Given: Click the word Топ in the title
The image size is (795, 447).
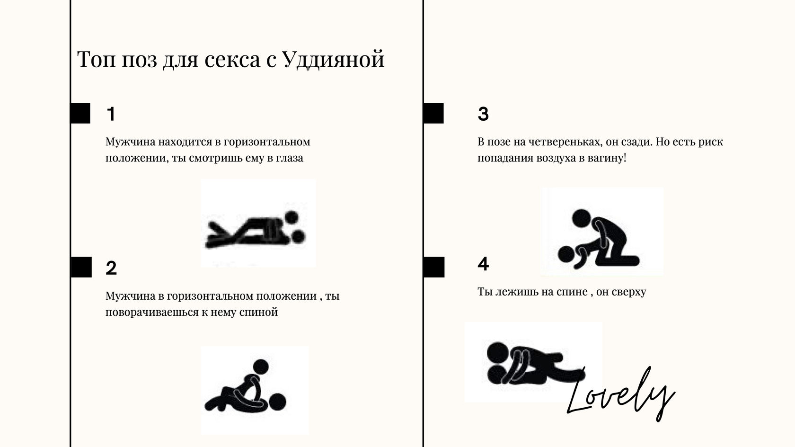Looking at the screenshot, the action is click(96, 59).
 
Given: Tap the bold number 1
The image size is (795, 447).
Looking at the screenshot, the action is click(111, 114).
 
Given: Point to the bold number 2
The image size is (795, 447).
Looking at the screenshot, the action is click(111, 268).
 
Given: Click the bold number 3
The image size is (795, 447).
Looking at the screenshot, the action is click(483, 114).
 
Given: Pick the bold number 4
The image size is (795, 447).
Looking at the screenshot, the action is click(483, 264).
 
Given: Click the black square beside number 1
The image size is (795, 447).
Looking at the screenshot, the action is click(80, 113).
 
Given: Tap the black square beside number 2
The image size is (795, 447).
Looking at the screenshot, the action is click(81, 267).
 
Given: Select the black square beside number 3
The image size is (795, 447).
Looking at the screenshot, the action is click(433, 113).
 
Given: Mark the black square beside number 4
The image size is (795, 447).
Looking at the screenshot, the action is click(434, 267).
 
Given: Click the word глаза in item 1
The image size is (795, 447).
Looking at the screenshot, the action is click(290, 158).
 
